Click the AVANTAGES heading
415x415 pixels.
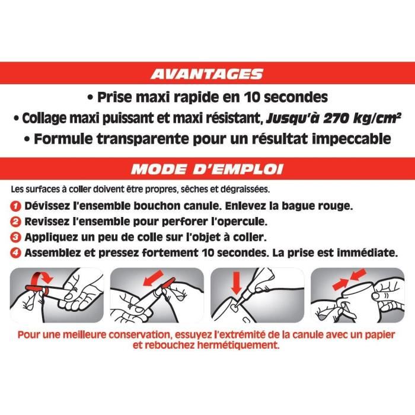(x=207, y=74)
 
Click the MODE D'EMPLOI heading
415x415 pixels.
(x=207, y=169)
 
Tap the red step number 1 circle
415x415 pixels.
(x=15, y=206)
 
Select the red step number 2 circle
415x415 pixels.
(x=15, y=222)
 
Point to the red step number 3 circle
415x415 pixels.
(x=15, y=237)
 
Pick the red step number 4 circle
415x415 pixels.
(x=15, y=253)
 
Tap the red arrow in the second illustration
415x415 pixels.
(x=153, y=277)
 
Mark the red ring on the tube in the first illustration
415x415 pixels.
(x=46, y=292)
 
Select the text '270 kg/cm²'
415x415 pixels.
(x=362, y=119)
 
